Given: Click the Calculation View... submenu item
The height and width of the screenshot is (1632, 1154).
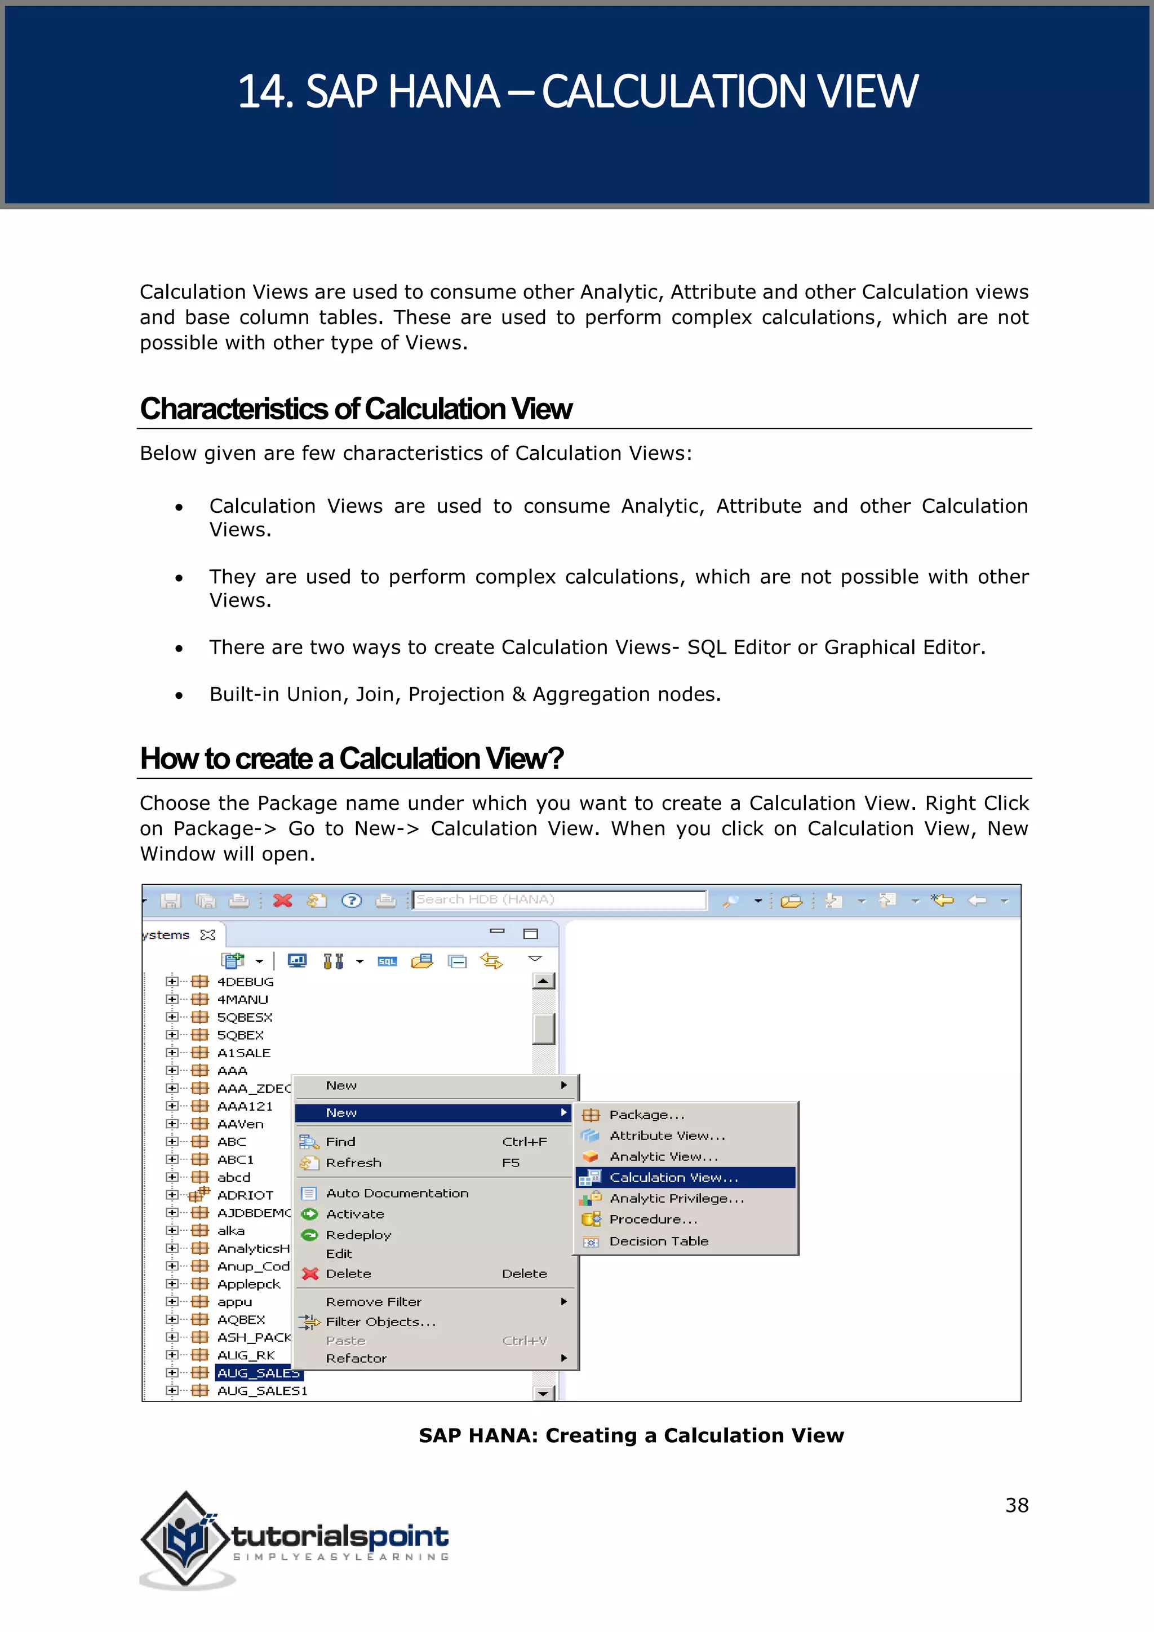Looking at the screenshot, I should point(673,1178).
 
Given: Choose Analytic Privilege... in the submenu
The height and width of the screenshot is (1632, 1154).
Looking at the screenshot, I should point(676,1199).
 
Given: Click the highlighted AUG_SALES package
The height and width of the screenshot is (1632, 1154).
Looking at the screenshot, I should point(258,1373).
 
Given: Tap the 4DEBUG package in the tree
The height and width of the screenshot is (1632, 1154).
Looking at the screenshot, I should point(245,982).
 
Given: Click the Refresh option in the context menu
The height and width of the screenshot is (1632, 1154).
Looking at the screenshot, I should point(353,1163).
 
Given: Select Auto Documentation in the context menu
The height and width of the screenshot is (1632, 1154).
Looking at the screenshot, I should point(397,1194).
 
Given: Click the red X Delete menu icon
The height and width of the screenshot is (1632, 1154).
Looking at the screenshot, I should point(310,1274).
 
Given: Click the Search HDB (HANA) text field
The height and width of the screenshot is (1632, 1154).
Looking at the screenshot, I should point(559,899).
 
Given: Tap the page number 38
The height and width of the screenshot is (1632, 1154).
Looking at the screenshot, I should point(1016,1505).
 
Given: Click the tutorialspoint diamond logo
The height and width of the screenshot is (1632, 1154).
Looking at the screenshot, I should point(186,1539).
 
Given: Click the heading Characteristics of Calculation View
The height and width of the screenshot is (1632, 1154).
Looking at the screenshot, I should point(356,410).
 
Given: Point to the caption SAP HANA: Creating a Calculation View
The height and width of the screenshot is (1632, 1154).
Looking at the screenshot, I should point(631,1435).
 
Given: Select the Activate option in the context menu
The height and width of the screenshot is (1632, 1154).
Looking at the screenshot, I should point(354,1214).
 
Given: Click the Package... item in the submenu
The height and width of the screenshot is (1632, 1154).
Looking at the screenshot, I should point(646,1115).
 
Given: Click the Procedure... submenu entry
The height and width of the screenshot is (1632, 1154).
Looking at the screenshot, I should point(653,1219).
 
